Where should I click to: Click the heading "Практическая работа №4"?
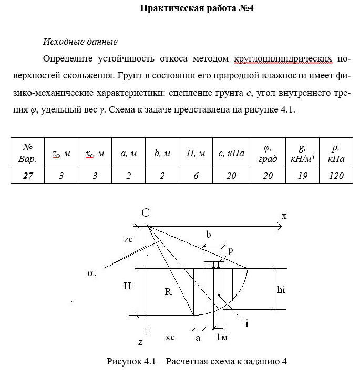198,8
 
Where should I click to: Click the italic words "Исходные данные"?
79,42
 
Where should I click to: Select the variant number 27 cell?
28,176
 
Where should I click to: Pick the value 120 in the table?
336,176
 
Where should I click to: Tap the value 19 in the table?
302,176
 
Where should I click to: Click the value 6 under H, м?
196,176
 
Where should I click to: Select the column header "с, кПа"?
231,153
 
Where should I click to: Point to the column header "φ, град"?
268,153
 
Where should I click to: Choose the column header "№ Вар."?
28,153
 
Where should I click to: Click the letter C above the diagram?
146,212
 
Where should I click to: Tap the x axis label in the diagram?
283,216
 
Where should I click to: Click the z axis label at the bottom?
140,342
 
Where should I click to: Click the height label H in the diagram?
127,286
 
